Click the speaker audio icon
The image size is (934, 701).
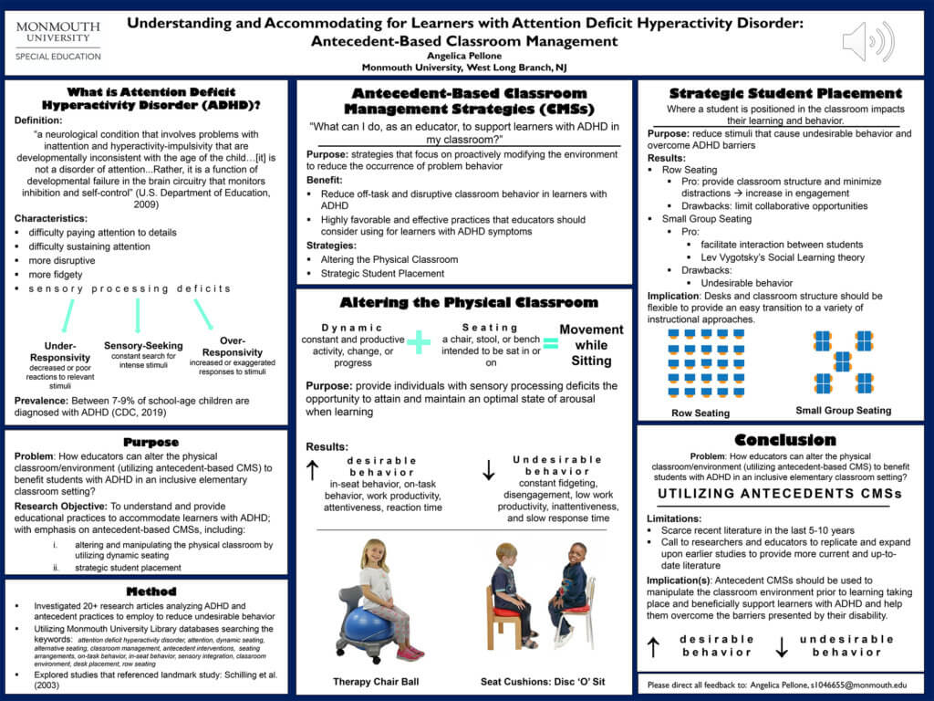click(x=867, y=41)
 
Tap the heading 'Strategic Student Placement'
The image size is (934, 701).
click(x=785, y=93)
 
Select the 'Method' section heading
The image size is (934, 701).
click(x=151, y=591)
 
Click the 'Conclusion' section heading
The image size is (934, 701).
click(x=785, y=439)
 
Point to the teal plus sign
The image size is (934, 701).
click(x=419, y=342)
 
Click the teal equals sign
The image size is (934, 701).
click(x=550, y=342)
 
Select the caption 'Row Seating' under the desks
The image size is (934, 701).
click(x=700, y=413)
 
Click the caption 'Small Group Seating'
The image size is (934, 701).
click(x=843, y=411)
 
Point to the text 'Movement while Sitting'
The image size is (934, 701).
click(x=591, y=344)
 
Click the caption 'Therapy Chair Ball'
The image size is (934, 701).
click(x=378, y=682)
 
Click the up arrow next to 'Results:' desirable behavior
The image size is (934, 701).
click(x=312, y=469)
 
